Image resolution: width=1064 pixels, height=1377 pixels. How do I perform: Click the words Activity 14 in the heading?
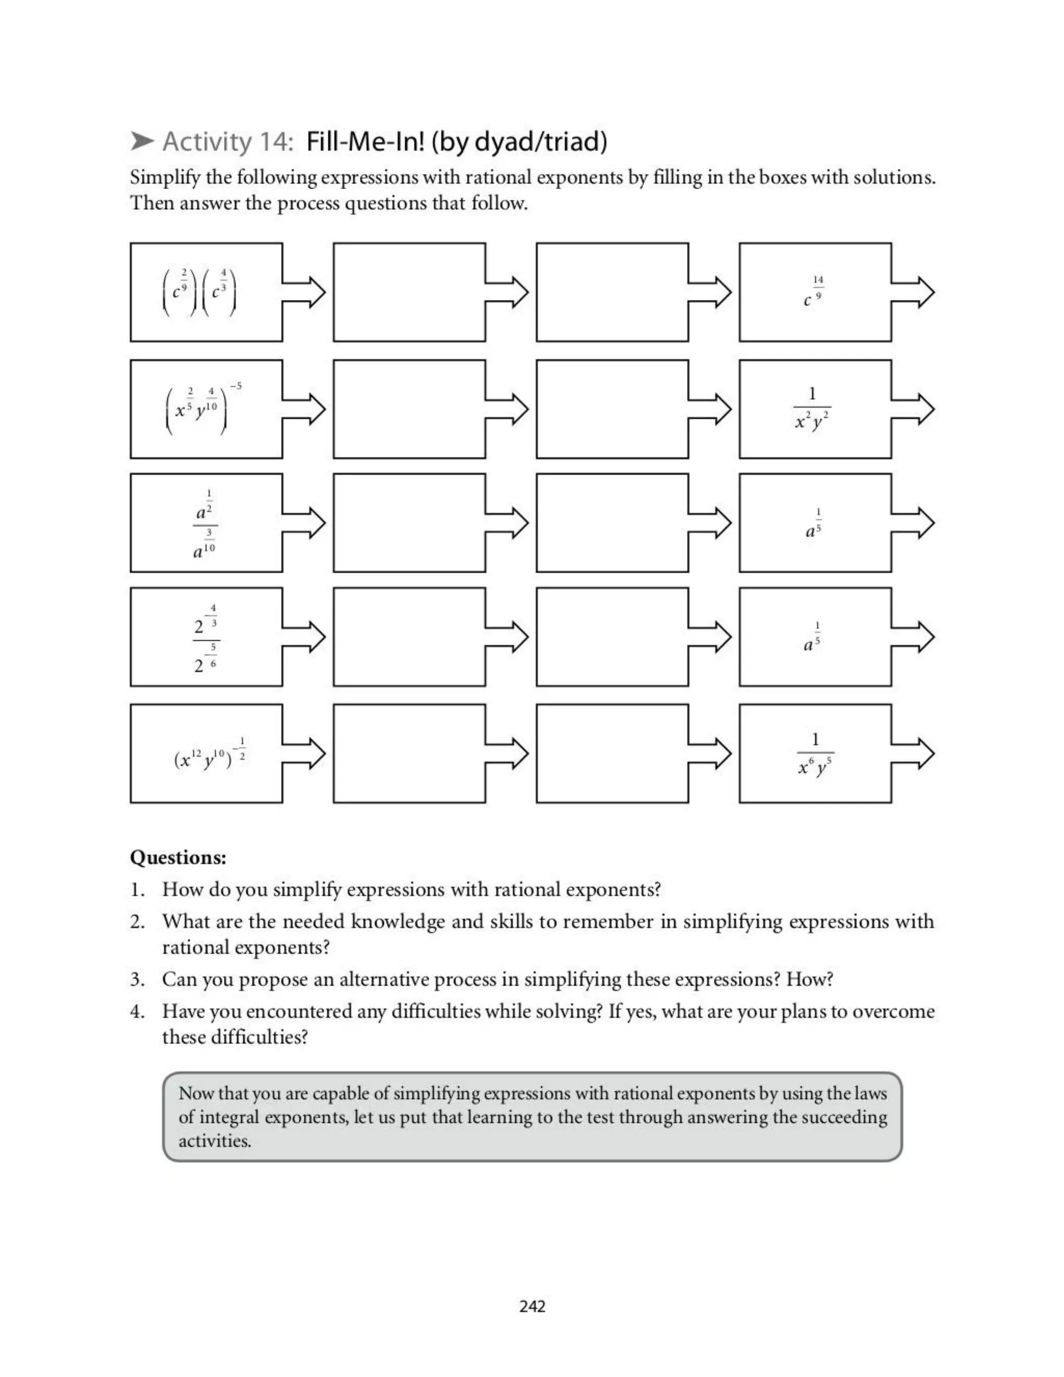click(x=228, y=141)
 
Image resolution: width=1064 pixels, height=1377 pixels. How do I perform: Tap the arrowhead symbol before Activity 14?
click(x=142, y=141)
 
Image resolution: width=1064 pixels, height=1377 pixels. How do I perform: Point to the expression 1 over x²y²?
click(x=813, y=409)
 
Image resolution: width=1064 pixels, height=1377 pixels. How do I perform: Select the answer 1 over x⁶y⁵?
click(x=815, y=754)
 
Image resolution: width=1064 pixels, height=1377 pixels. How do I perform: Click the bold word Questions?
click(x=178, y=857)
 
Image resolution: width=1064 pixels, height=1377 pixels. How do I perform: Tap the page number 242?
click(x=532, y=1306)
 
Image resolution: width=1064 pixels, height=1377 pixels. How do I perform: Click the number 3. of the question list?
click(x=137, y=980)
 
